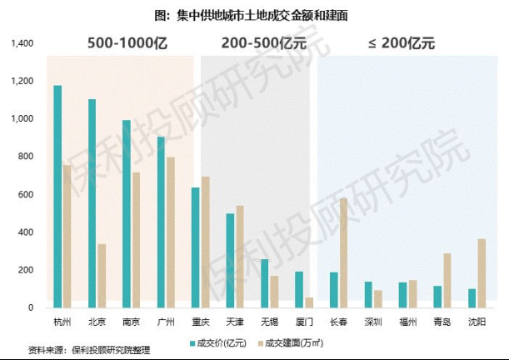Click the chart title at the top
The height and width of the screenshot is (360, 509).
(254, 13)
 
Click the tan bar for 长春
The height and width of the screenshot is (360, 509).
(343, 252)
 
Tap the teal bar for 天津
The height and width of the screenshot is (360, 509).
(230, 260)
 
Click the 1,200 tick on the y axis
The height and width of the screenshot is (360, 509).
(22, 81)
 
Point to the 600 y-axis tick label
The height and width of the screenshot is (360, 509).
(26, 194)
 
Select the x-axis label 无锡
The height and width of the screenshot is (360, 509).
(268, 321)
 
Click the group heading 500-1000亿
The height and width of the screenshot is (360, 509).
(127, 43)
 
